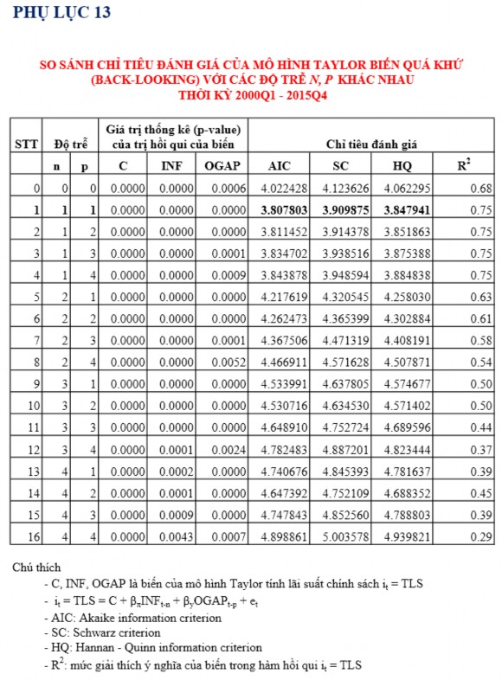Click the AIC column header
click(280, 164)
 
